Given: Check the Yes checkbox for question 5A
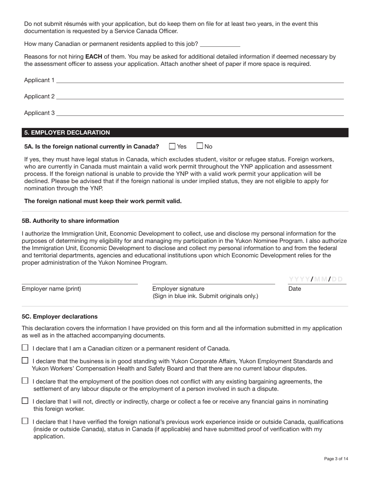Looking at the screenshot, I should (x=172, y=146).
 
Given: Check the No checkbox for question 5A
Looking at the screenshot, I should (x=200, y=146).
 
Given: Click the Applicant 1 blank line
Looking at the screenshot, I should (x=199, y=80).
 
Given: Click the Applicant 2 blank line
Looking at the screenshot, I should (x=199, y=97).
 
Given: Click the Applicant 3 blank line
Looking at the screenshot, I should (x=199, y=113).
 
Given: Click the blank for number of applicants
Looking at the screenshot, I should (x=220, y=44).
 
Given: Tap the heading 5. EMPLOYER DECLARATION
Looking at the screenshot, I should (x=67, y=133).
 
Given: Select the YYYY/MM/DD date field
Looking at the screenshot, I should (x=316, y=279).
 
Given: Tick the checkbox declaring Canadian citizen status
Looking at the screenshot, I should (x=25, y=348).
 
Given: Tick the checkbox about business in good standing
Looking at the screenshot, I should (x=25, y=361).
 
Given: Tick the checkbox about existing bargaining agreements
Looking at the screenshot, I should (x=25, y=381).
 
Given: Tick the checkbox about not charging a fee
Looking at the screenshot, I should (x=25, y=401).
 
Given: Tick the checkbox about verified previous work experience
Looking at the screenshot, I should (x=25, y=421).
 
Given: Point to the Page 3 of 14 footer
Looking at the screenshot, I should (x=336, y=459).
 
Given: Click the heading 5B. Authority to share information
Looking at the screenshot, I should (x=70, y=221).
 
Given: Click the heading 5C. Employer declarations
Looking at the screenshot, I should (x=60, y=317).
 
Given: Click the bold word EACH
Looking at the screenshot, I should (x=93, y=56).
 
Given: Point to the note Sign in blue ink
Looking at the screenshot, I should (x=205, y=296).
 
